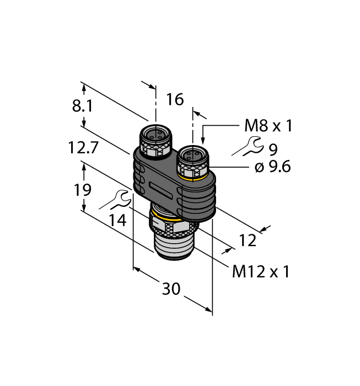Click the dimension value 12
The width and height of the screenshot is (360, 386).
click(248, 240)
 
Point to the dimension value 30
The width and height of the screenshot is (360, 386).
click(171, 288)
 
